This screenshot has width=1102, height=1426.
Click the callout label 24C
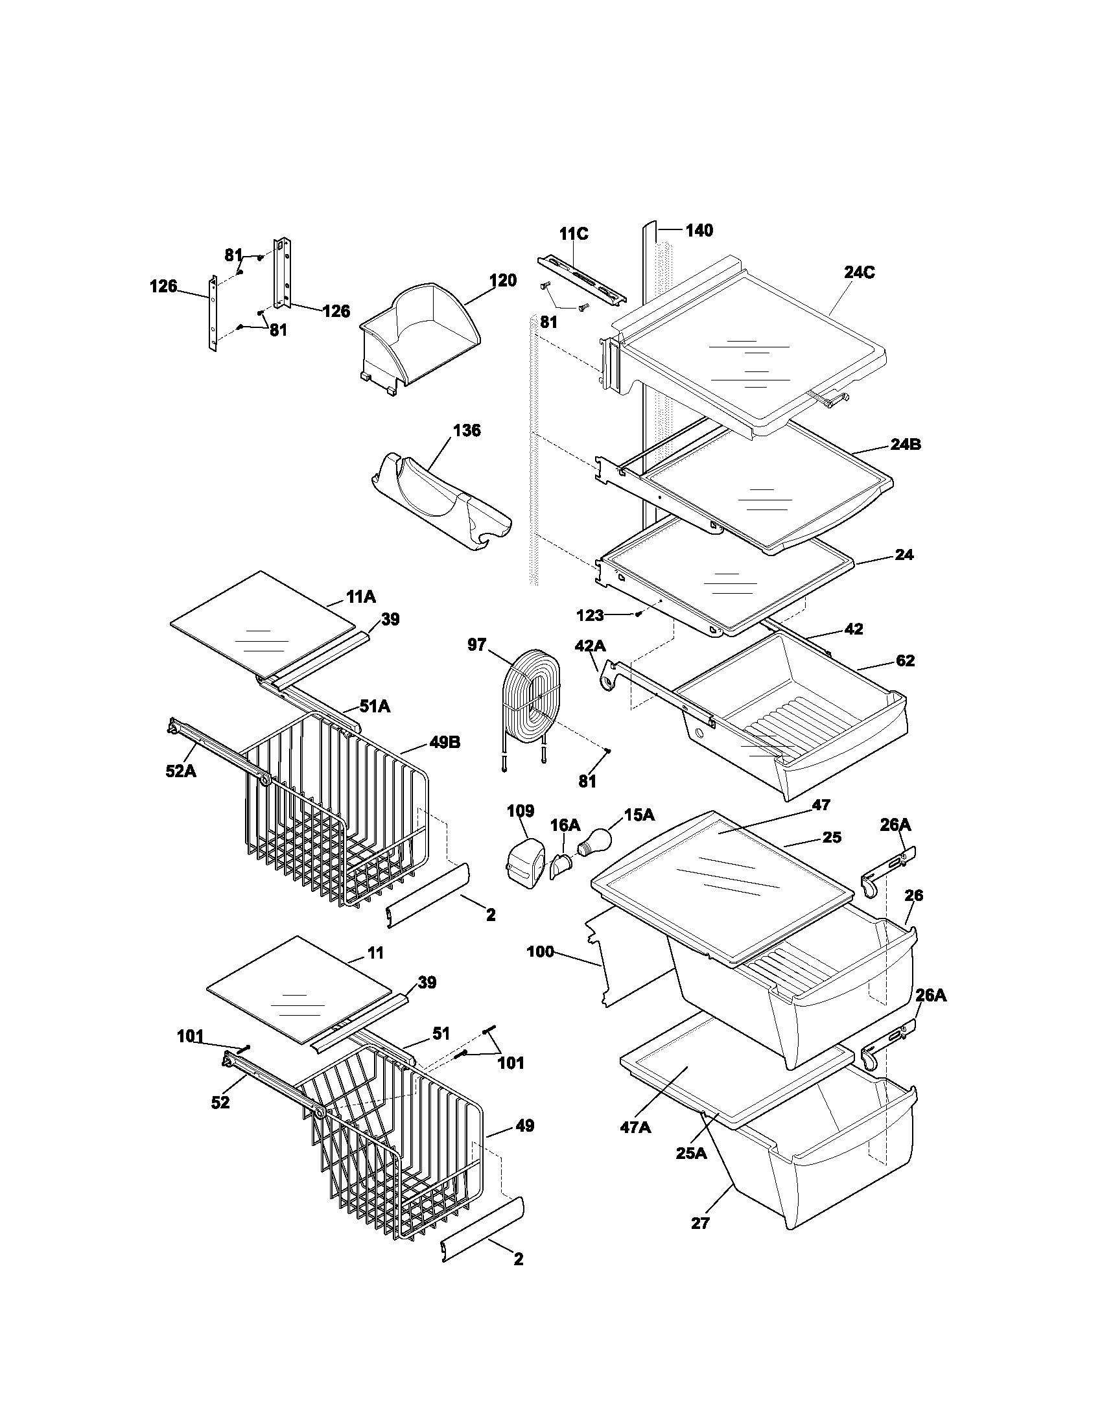point(858,273)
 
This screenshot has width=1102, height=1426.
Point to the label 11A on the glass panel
point(360,597)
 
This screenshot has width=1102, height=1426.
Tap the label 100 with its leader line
point(540,953)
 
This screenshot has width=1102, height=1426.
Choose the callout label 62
point(904,660)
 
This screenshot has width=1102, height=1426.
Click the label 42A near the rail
point(589,646)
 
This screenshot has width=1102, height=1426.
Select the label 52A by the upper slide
point(180,771)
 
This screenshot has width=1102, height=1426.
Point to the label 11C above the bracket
point(573,235)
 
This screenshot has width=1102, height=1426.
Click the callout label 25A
point(691,1154)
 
